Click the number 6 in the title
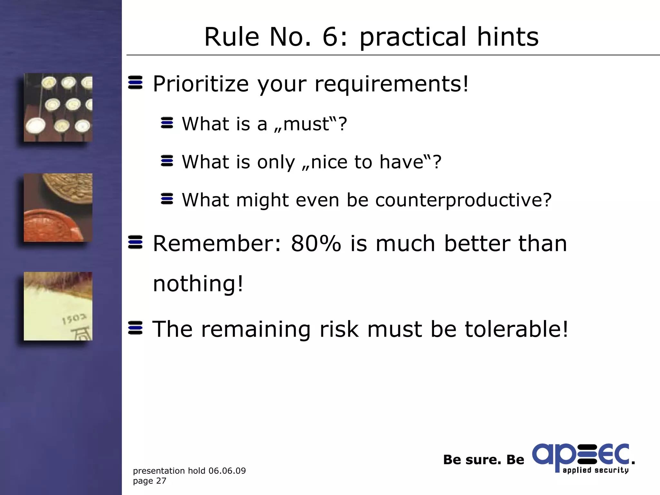tap(333, 37)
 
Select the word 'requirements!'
tap(391, 84)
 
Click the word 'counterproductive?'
tap(463, 200)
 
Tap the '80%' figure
tap(316, 244)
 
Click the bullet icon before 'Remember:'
tap(135, 242)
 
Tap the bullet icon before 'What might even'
tap(167, 199)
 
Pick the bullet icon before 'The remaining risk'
tap(135, 328)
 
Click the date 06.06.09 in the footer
tap(227, 471)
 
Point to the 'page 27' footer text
tap(150, 481)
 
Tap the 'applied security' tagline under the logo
tap(596, 470)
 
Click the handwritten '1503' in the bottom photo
tap(74, 319)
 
